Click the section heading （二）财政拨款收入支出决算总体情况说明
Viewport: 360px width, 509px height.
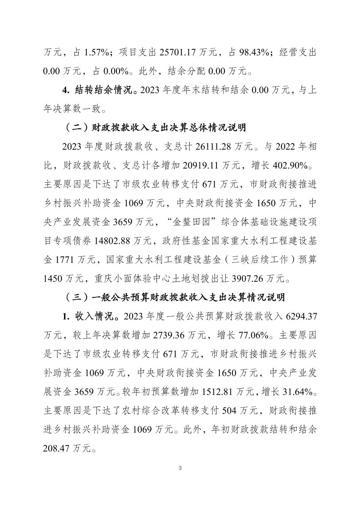(155, 128)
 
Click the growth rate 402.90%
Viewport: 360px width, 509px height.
(290, 165)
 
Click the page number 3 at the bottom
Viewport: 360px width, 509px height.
(180, 468)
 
